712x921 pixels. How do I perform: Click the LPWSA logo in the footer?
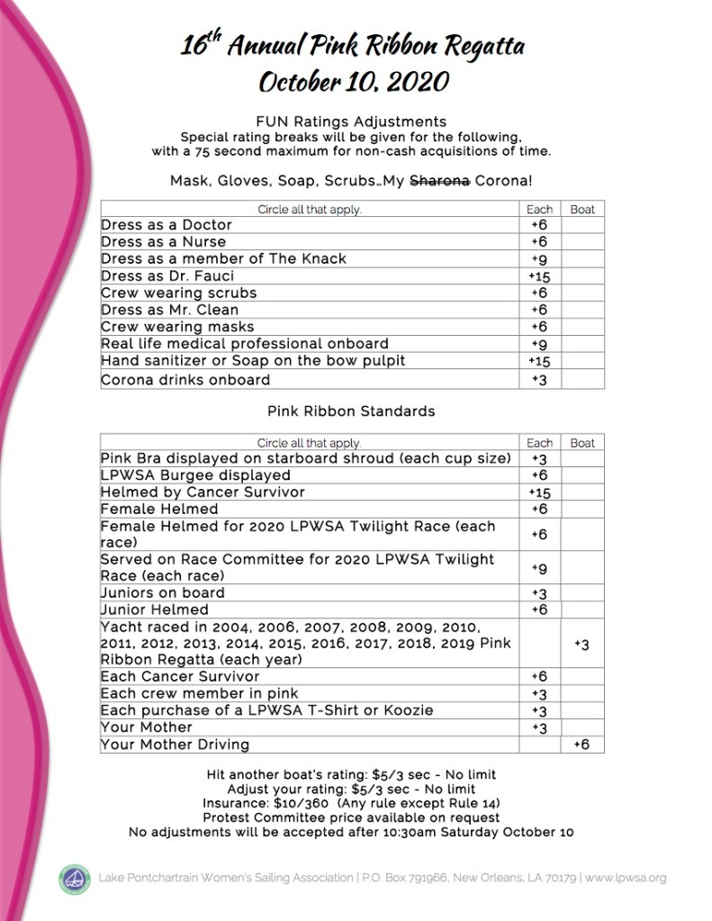(75, 879)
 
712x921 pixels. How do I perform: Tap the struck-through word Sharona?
(439, 180)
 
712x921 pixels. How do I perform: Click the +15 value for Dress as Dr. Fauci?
(539, 276)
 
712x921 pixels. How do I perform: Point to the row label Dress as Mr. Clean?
(170, 310)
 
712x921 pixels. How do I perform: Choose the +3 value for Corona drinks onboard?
(539, 379)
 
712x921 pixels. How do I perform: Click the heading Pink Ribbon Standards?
(351, 411)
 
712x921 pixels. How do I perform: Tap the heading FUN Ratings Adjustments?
(351, 121)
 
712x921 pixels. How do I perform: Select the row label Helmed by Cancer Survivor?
(203, 492)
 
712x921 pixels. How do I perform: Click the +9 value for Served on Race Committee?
(539, 568)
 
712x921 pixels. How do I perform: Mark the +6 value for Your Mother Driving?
(581, 745)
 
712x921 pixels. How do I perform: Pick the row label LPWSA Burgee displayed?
(195, 475)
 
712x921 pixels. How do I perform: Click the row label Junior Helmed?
(154, 609)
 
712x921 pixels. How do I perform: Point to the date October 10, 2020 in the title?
(353, 81)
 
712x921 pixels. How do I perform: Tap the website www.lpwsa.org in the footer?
(625, 878)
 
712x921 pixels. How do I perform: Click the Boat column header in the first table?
(582, 209)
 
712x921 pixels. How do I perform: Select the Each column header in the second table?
(539, 443)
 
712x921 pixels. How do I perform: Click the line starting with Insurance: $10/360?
(351, 803)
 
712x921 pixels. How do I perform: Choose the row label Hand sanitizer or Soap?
(253, 361)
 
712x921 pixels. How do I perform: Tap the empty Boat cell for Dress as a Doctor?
(582, 225)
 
